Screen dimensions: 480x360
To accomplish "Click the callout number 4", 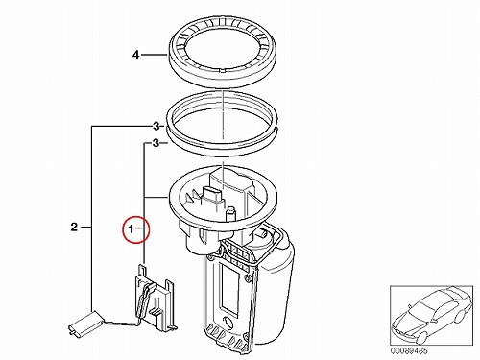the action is tap(136, 55).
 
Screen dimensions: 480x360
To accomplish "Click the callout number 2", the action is tap(74, 228).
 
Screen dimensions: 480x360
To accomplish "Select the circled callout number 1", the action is tap(131, 229).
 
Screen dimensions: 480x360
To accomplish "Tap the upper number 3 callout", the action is tap(156, 127).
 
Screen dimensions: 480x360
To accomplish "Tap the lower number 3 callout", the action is tap(156, 143).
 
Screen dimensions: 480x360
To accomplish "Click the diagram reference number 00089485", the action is tap(409, 350).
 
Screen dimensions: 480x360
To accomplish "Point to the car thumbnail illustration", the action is tap(431, 315).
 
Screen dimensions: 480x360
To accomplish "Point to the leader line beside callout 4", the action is tap(155, 55).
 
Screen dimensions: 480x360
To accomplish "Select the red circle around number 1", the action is tap(136, 228).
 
